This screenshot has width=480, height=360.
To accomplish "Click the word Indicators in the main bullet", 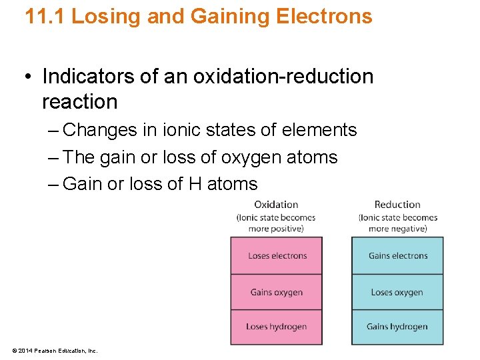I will [89, 77].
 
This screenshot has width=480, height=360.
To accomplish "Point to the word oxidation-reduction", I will [283, 77].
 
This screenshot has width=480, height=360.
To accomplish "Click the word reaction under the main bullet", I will [79, 102].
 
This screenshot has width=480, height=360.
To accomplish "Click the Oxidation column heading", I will [276, 205].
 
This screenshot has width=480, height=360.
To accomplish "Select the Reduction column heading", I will [397, 205].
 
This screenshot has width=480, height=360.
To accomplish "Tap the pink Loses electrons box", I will [277, 255].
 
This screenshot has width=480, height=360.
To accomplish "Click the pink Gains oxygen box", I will [277, 292].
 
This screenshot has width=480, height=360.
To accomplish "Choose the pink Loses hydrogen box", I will [277, 327].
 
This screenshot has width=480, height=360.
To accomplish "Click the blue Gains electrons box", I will [397, 255].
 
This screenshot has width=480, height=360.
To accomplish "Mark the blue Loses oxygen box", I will [397, 292].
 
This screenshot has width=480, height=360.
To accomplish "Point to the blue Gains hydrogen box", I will [397, 327].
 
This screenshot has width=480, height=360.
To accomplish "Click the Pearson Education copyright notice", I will [55, 350].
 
